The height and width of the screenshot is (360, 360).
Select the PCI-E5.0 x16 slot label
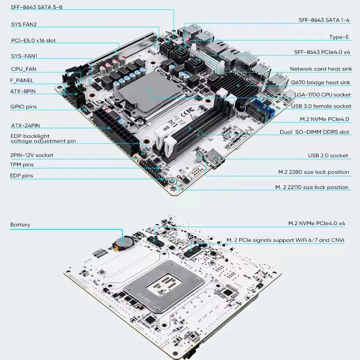tap(34, 40)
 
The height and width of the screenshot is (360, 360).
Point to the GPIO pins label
tap(23, 107)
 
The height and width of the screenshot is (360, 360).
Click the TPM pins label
tap(22, 165)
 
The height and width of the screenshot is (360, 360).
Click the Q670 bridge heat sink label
tap(320, 82)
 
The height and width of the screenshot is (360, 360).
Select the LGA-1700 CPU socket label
tap(321, 94)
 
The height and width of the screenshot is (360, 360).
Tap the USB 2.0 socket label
tap(328, 155)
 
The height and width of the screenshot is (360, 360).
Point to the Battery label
tap(20, 224)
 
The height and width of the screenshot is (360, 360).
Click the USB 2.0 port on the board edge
tap(215, 160)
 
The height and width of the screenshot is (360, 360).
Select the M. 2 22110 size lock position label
tap(312, 187)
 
